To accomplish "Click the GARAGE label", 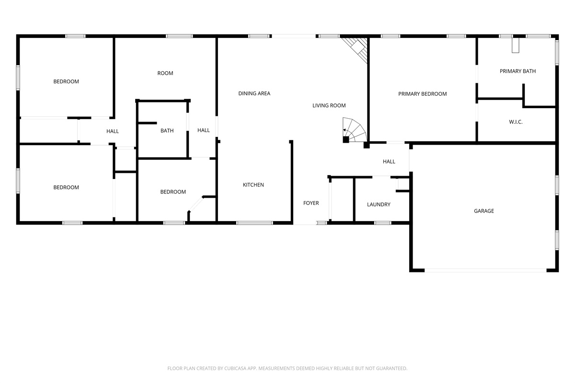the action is [483, 211].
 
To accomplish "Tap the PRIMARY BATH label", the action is [517, 71].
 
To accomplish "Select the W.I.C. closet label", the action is [516, 122].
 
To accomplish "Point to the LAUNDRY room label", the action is [379, 204].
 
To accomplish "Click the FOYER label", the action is [311, 203].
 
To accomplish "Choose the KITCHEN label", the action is [253, 185].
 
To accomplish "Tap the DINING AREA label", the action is [254, 93].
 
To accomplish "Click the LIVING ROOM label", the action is [329, 105].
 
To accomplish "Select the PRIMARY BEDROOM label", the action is [422, 94].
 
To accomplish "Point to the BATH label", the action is [167, 131].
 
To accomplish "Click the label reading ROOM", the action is [165, 73].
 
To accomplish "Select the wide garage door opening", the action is [485, 270].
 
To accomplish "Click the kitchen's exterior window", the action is [254, 223].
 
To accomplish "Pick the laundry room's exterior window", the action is [382, 223].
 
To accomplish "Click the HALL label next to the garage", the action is [389, 162].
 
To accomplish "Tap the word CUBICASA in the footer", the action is [235, 368].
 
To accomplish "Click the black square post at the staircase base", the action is [346, 139].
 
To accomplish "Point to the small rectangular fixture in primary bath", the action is [516, 45].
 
